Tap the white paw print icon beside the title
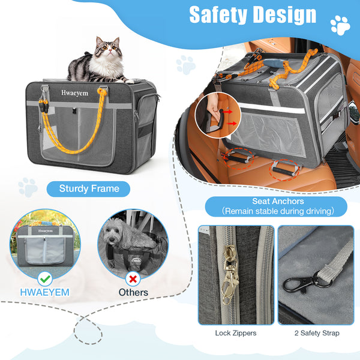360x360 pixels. click(x=340, y=25)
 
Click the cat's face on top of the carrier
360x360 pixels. click(x=109, y=47)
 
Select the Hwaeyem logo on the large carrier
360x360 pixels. click(x=74, y=93)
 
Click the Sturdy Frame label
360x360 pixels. click(x=89, y=189)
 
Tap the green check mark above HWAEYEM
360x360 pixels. click(x=45, y=279)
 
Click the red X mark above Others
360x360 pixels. click(x=133, y=279)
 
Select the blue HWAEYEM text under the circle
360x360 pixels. click(x=45, y=293)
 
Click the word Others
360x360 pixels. click(x=133, y=293)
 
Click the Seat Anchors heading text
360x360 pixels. click(x=278, y=202)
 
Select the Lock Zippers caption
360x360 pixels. click(x=236, y=333)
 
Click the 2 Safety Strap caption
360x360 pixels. click(x=317, y=333)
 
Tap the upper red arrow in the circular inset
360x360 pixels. click(x=228, y=112)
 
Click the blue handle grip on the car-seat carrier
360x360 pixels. click(x=275, y=62)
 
